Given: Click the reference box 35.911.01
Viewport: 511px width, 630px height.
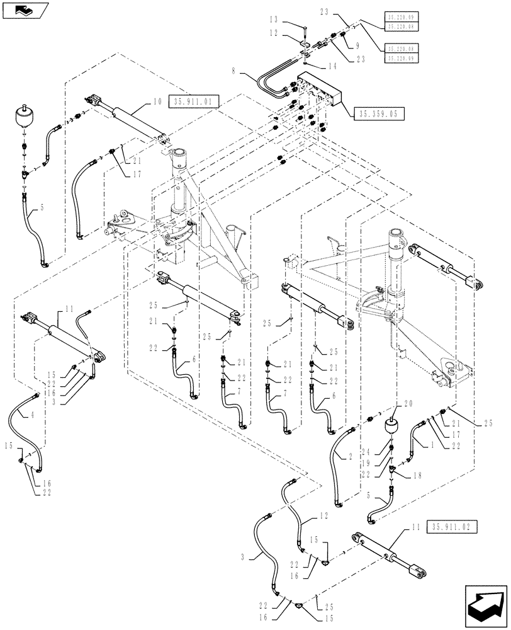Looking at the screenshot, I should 193,101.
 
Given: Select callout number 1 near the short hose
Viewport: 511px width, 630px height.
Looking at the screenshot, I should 432,444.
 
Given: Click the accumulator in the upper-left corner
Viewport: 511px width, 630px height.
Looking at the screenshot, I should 23,120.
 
